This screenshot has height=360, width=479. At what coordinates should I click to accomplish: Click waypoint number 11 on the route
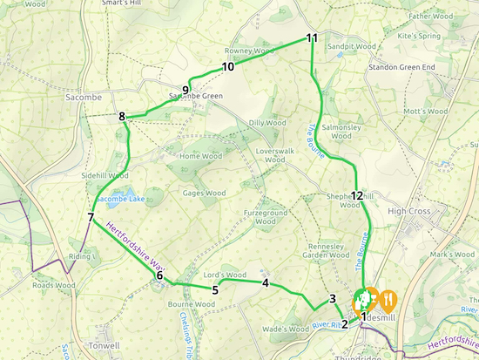(x=312, y=37)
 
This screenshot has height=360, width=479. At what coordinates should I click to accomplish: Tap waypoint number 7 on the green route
(x=91, y=217)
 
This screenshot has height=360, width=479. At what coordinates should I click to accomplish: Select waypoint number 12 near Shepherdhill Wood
(x=356, y=195)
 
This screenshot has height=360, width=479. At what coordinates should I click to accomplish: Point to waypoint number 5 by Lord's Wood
(x=213, y=289)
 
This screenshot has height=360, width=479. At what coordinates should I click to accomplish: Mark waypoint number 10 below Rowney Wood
(x=228, y=66)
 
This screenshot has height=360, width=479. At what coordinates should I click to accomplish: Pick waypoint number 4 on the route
(x=265, y=282)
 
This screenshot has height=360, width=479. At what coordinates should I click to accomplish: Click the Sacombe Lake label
(x=119, y=199)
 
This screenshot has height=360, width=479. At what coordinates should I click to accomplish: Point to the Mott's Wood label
(x=425, y=112)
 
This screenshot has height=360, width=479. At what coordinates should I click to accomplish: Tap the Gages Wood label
(x=203, y=193)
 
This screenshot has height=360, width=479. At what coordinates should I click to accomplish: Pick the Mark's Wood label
(x=450, y=255)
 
